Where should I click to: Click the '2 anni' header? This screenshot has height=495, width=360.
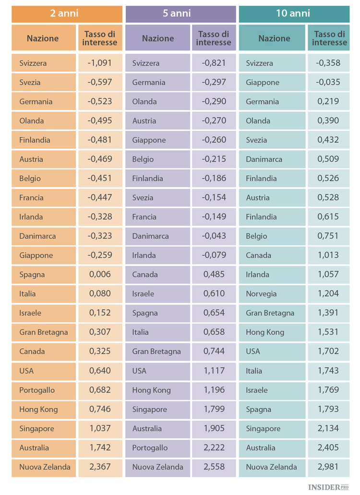click(64, 13)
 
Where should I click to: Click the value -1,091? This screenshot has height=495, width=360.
click(99, 63)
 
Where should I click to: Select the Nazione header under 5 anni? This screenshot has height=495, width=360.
click(157, 38)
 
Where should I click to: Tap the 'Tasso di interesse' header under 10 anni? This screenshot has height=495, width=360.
click(329, 38)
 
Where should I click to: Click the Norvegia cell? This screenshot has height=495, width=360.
click(261, 294)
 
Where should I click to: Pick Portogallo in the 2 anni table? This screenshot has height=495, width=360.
click(37, 390)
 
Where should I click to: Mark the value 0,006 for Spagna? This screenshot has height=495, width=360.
click(100, 274)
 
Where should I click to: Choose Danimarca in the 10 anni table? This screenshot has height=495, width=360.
click(264, 159)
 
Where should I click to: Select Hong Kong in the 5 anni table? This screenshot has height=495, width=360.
click(151, 390)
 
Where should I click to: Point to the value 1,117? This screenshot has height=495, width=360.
click(214, 371)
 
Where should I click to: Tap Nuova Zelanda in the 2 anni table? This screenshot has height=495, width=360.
click(45, 467)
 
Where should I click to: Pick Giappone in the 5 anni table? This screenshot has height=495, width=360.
click(149, 140)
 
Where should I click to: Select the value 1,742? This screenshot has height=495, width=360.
click(100, 448)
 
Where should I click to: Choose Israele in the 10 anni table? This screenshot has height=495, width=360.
click(257, 390)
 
